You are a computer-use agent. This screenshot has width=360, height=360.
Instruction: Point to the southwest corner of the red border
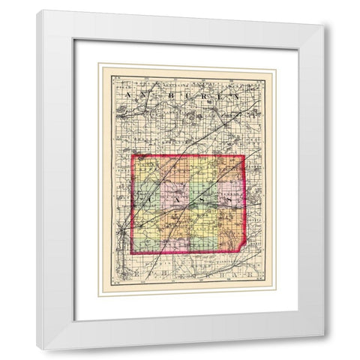[x=133, y=254]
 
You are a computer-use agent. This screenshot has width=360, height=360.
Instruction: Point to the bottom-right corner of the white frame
[x=323, y=335]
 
